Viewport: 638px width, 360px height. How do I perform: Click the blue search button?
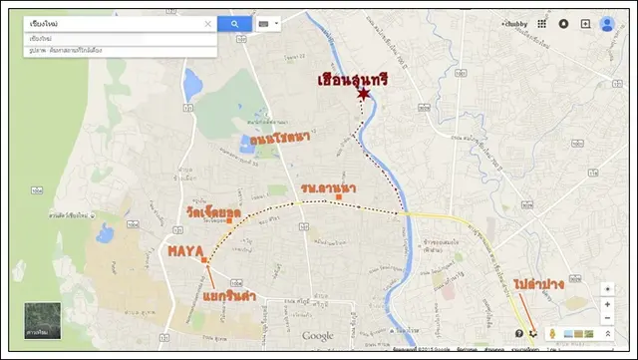234,24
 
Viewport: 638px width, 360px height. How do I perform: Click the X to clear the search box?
208,24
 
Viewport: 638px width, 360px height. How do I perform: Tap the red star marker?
364,94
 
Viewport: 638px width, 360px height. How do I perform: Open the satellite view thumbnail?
43,320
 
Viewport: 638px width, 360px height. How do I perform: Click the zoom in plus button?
607,303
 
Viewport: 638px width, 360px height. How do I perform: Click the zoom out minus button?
607,318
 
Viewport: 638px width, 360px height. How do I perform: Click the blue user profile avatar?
607,24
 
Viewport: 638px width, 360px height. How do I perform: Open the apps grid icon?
541,24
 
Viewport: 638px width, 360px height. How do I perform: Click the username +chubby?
513,24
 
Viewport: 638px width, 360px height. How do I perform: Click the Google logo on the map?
318,336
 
